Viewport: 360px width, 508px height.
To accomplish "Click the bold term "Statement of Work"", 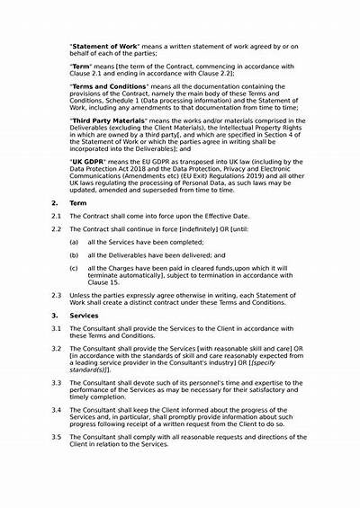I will point(103,42).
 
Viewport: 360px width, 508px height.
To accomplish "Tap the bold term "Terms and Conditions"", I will point(111,85).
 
